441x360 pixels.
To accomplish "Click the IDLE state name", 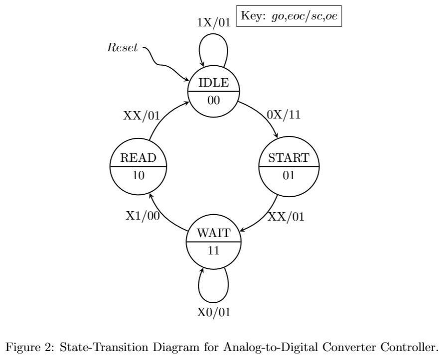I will pos(214,83).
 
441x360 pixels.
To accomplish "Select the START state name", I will pos(289,158).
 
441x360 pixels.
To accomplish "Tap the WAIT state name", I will pos(214,233).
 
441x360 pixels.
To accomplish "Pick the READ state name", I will pos(139,158).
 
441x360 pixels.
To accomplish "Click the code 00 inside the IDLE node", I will pos(214,100).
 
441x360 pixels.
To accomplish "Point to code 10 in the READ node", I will pos(139,175).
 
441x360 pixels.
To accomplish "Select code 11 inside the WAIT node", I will pos(214,250).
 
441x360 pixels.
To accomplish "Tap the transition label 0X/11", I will pos(284,115).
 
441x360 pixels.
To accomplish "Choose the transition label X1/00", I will pos(142,215).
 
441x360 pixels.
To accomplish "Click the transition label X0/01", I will pos(214,312).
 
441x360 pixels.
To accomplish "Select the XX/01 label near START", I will pos(286,217).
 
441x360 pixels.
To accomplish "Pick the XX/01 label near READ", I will pos(142,116).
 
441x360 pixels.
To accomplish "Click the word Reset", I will pos(122,48).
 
